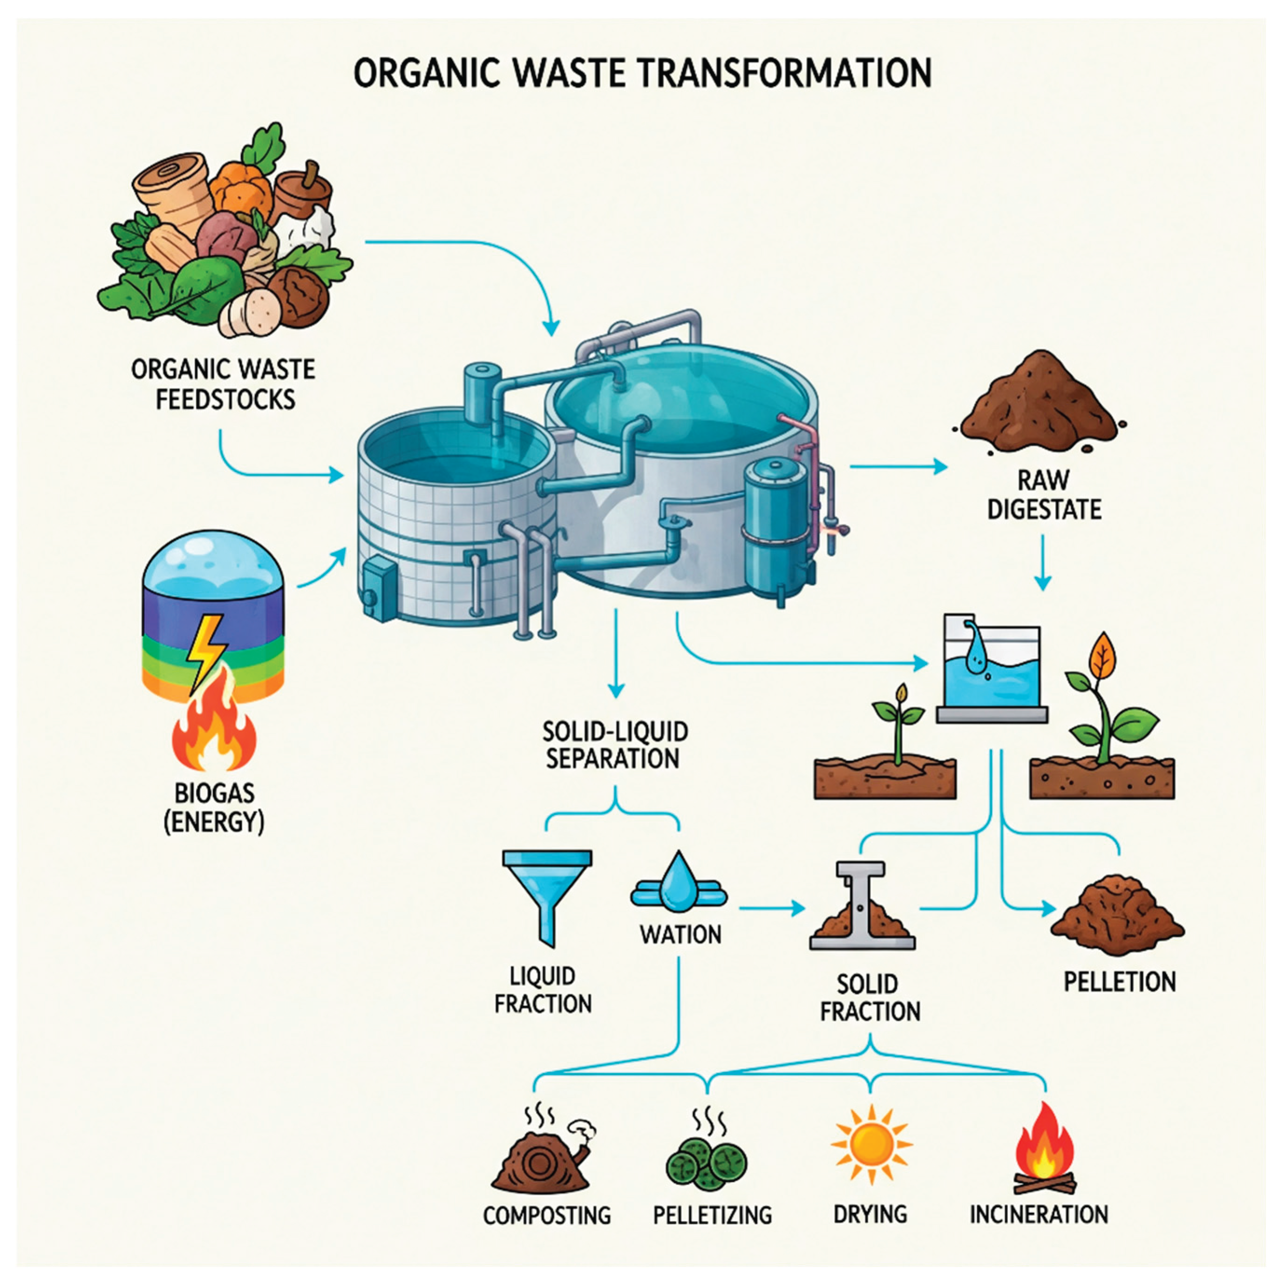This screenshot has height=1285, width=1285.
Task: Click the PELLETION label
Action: pyautogui.click(x=1119, y=982)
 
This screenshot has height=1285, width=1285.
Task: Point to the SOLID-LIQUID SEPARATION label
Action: pyautogui.click(x=615, y=745)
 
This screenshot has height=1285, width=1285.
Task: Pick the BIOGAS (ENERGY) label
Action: pyautogui.click(x=214, y=808)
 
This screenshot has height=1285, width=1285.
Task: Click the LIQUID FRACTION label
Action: pyautogui.click(x=543, y=990)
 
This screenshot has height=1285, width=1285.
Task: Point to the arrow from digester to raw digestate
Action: pyautogui.click(x=898, y=467)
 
